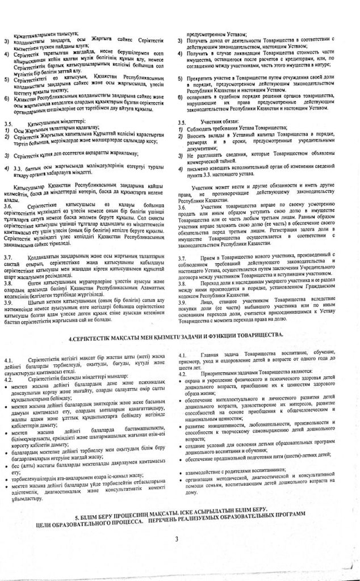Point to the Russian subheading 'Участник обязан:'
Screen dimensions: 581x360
coord(211,122)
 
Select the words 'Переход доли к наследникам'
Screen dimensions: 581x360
coord(236,283)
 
